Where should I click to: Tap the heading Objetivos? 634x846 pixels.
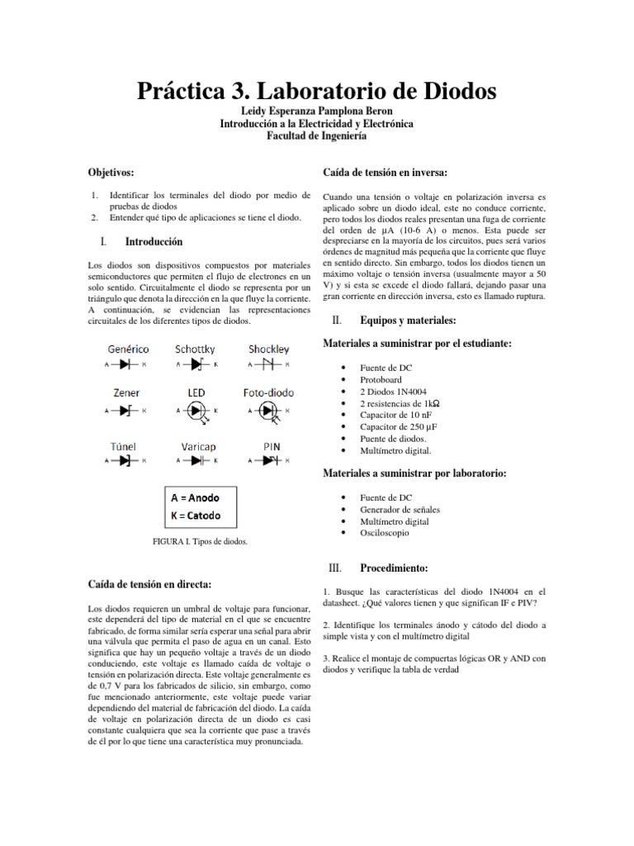[x=111, y=172]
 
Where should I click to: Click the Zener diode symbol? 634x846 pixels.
[x=126, y=410]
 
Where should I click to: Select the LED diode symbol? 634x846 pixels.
[x=196, y=410]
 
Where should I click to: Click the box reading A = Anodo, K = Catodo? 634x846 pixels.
[x=201, y=506]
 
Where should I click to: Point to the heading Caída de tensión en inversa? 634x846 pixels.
[x=385, y=172]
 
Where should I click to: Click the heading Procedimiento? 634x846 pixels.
[x=392, y=569]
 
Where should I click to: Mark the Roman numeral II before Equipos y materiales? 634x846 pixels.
[x=334, y=320]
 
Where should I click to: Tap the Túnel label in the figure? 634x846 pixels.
[x=123, y=446]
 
